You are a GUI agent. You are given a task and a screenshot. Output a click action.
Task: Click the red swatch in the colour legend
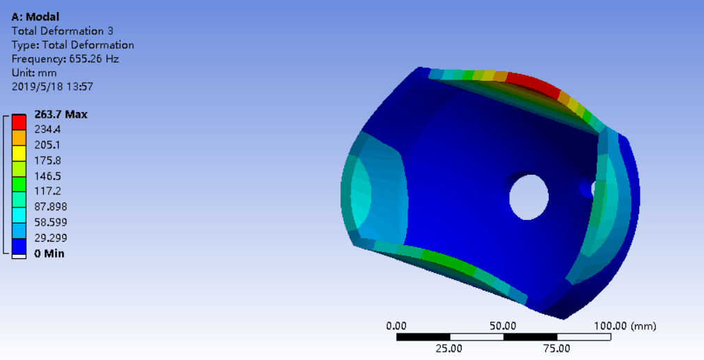click(19, 122)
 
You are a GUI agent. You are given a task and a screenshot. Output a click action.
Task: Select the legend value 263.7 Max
click(61, 114)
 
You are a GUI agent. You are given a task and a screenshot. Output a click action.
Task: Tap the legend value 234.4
click(47, 130)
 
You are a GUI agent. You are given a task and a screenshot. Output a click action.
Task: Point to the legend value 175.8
click(47, 160)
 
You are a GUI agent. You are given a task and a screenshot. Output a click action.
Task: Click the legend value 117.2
click(47, 191)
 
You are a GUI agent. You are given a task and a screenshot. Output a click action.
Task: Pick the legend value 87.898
click(51, 207)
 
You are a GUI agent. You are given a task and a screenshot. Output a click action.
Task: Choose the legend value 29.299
click(51, 237)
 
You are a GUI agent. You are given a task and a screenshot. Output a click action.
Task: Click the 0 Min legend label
click(49, 253)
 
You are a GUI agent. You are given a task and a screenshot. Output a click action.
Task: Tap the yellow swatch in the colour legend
click(19, 153)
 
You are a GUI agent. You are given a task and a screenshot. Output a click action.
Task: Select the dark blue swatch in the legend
click(19, 246)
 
